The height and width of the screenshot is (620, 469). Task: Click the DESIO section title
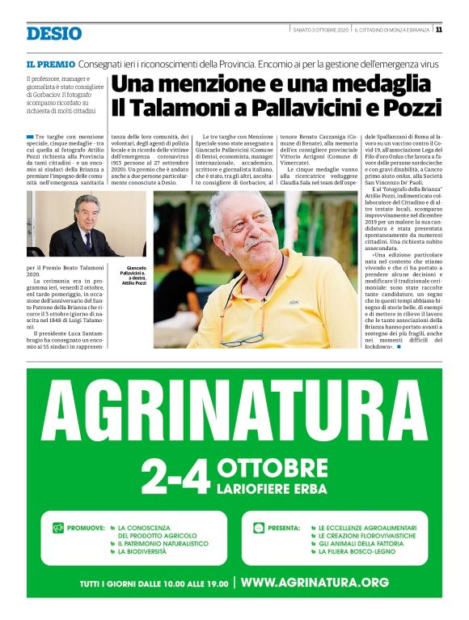pos(53,33)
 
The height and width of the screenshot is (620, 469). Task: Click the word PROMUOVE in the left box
pos(86,527)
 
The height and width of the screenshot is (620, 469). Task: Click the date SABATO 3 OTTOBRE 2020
pos(320,30)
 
